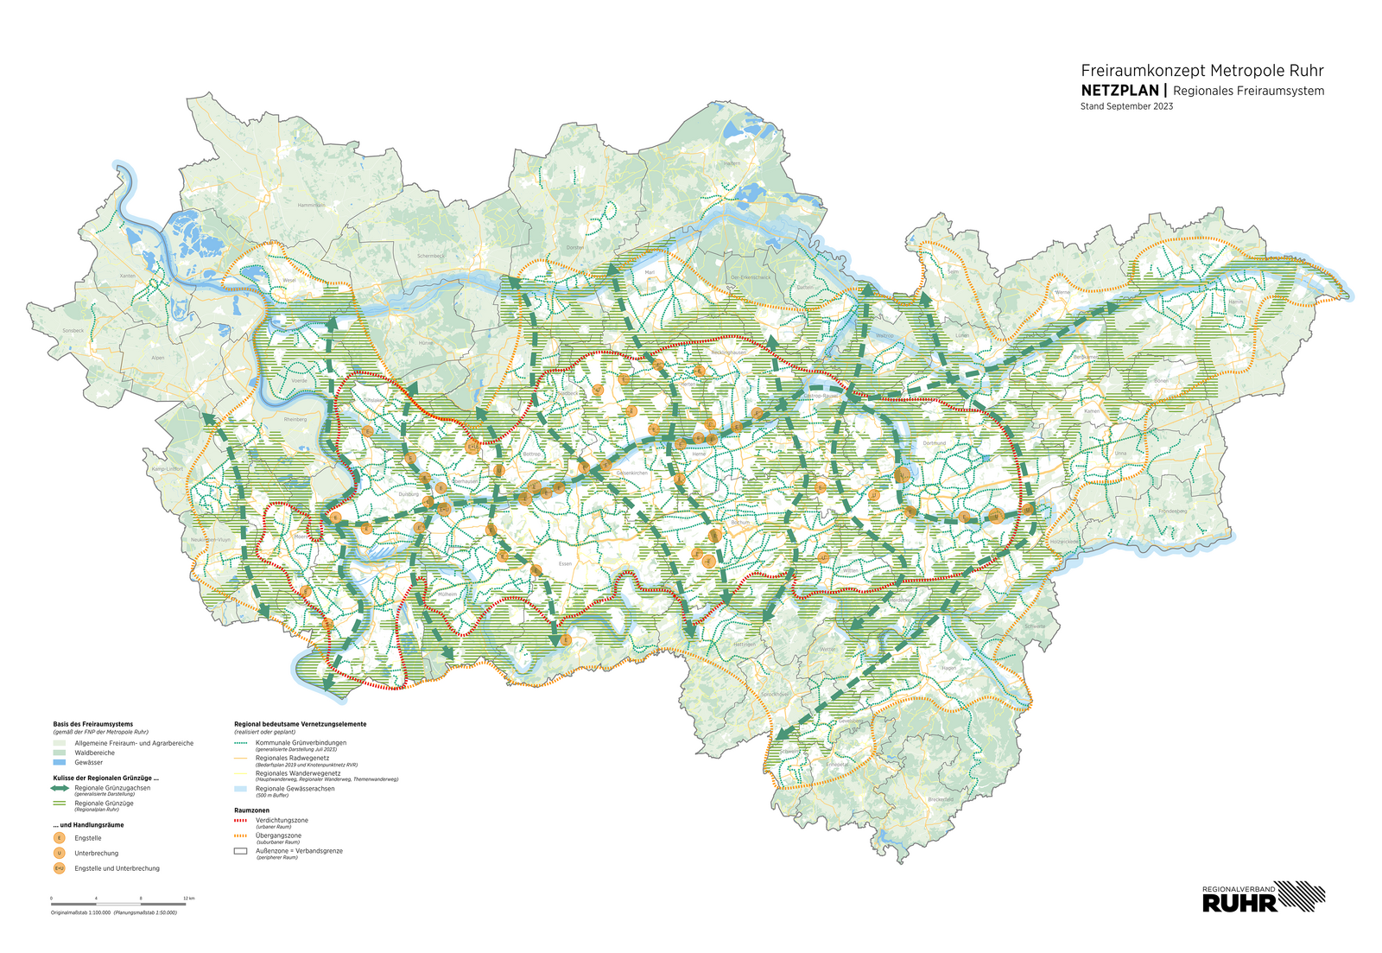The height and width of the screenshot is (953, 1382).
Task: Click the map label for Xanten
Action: tap(128, 276)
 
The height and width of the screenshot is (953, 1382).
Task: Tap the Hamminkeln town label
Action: tap(311, 206)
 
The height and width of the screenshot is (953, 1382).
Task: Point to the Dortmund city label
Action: tap(935, 443)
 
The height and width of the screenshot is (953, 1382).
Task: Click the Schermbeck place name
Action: tap(430, 256)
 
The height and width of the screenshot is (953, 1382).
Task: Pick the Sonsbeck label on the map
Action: tap(73, 330)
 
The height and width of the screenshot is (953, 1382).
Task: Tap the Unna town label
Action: tap(1120, 453)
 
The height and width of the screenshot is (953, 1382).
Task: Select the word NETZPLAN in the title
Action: tap(1119, 90)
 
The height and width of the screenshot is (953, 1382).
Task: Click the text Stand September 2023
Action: tap(1126, 106)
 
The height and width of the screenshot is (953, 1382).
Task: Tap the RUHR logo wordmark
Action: tap(1239, 904)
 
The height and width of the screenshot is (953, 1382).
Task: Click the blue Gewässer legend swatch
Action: tap(60, 763)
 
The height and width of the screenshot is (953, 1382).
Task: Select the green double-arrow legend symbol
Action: tap(60, 788)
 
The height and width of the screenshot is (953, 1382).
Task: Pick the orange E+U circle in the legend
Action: tap(60, 868)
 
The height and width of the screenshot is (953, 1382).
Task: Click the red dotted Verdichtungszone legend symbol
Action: tap(241, 820)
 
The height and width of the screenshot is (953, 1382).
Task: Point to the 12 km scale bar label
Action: tap(188, 899)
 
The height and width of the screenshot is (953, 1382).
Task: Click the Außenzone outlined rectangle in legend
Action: tap(241, 851)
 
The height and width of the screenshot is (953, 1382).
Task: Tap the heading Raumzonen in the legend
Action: tap(251, 810)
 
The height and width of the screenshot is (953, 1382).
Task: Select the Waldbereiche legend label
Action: tap(94, 753)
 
